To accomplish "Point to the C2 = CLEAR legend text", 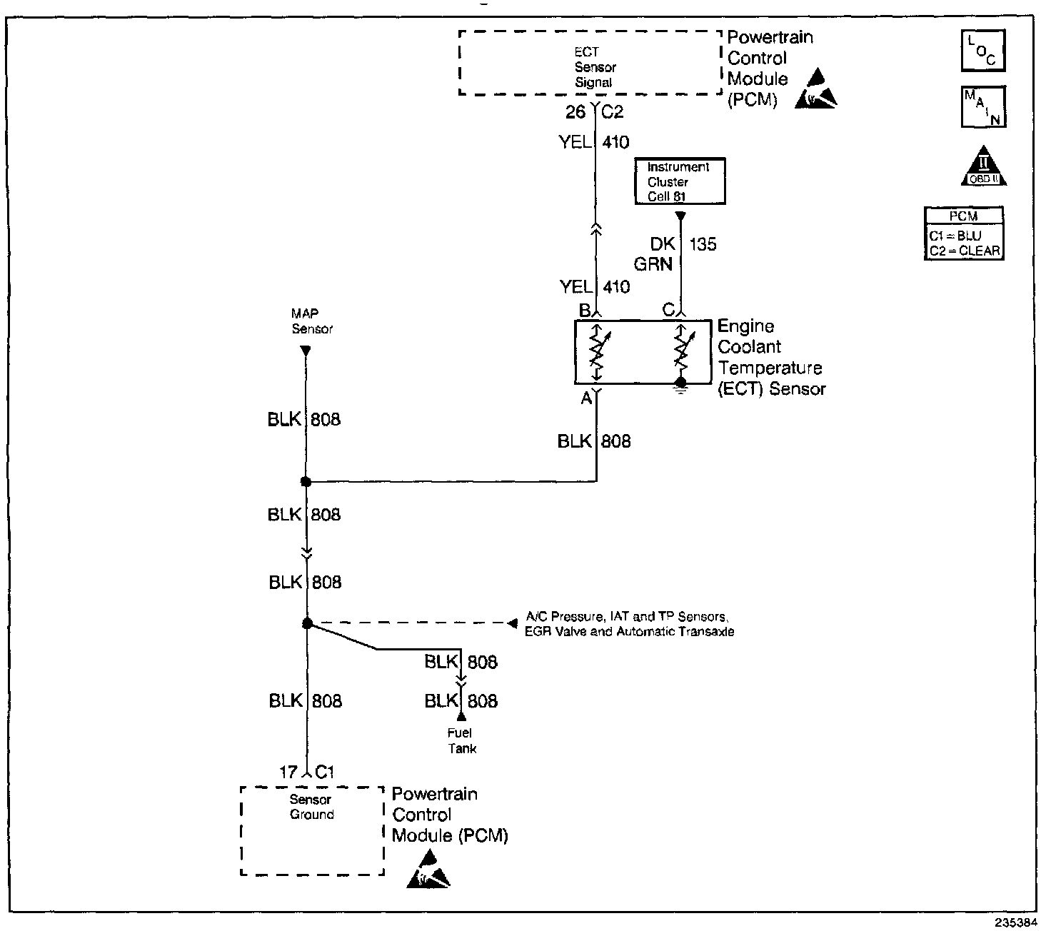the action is pyautogui.click(x=965, y=251).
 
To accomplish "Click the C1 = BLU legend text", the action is pyautogui.click(x=955, y=236).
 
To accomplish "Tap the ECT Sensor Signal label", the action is pyautogui.click(x=595, y=67).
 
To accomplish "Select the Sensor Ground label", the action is pyautogui.click(x=311, y=807).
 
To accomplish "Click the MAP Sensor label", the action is pyautogui.click(x=312, y=321).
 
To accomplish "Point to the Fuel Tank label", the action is pyautogui.click(x=462, y=740).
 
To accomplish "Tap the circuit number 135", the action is pyautogui.click(x=703, y=244).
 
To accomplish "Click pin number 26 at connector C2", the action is pyautogui.click(x=575, y=111).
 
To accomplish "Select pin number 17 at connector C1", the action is pyautogui.click(x=288, y=773).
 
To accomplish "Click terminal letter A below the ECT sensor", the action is pyautogui.click(x=586, y=398).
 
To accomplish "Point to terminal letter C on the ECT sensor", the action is pyautogui.click(x=668, y=310).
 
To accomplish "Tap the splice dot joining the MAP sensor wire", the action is pyautogui.click(x=306, y=482).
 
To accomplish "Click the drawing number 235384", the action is pyautogui.click(x=1016, y=922).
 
